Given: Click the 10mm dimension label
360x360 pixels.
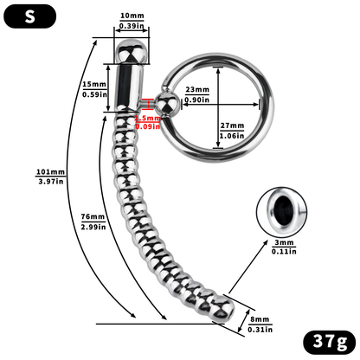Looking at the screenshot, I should (x=132, y=16).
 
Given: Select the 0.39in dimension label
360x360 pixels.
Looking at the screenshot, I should (x=132, y=27).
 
